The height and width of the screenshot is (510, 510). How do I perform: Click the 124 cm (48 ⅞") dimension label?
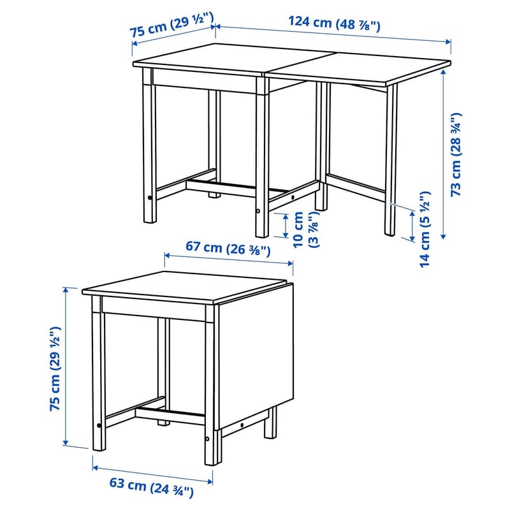pyautogui.click(x=334, y=24)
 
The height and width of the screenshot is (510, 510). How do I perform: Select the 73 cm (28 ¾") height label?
pyautogui.click(x=456, y=154)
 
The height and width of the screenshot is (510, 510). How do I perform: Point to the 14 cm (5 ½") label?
pyautogui.click(x=425, y=229)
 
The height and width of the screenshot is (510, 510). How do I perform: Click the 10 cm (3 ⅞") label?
pyautogui.click(x=305, y=229)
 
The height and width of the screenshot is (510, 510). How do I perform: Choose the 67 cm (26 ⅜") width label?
pyautogui.click(x=228, y=249)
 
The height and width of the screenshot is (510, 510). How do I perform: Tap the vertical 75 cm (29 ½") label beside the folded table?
pyautogui.click(x=55, y=368)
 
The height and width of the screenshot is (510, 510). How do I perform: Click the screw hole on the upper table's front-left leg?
pyautogui.click(x=150, y=198)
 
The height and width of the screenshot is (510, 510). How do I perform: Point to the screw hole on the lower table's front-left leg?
pyautogui.click(x=99, y=425)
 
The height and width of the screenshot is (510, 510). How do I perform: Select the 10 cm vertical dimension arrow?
pyautogui.click(x=286, y=226)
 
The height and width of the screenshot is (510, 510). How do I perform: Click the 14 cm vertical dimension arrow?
pyautogui.click(x=412, y=226)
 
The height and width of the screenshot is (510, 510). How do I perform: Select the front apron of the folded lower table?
pyautogui.click(x=154, y=309)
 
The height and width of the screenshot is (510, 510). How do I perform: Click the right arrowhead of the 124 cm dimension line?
pyautogui.click(x=449, y=41)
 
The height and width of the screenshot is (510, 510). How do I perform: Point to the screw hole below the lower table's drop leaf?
pyautogui.click(x=242, y=425)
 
